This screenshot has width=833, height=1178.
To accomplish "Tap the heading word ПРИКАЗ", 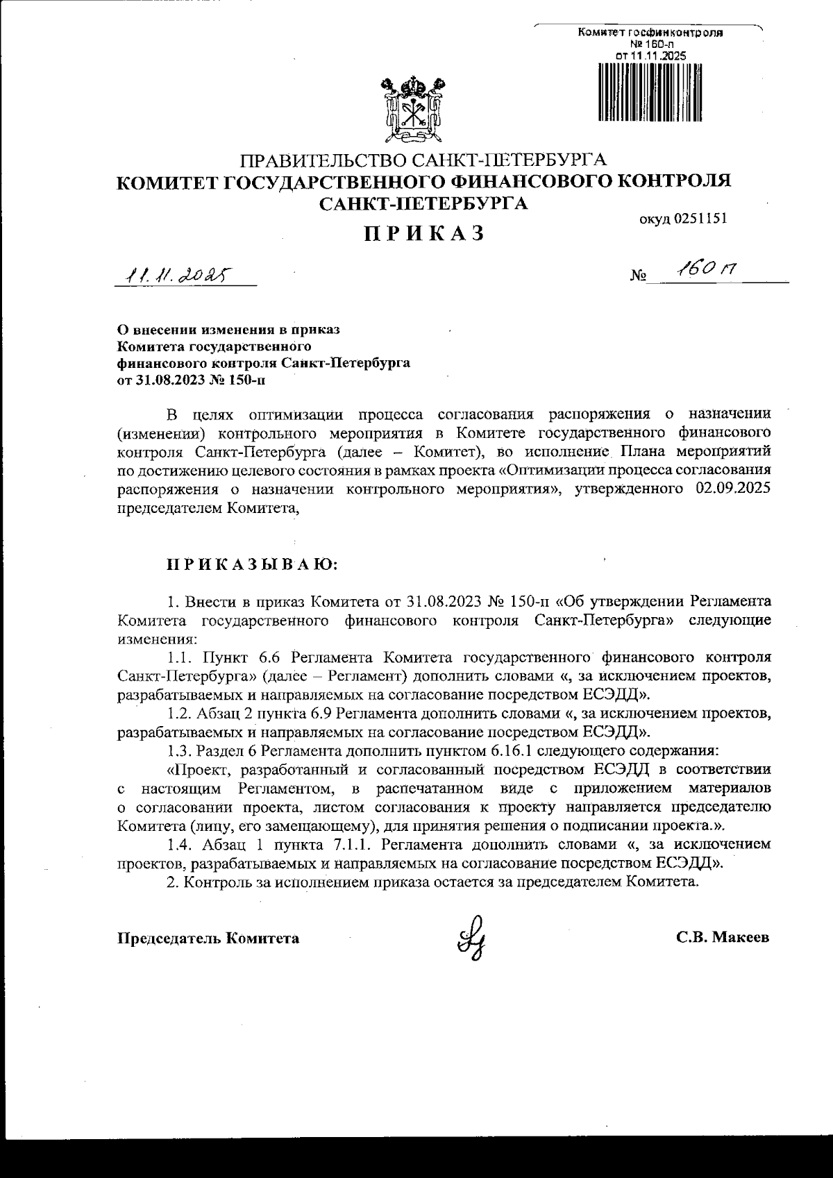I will pyautogui.click(x=424, y=234).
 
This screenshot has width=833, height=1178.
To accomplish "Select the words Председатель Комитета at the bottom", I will pyautogui.click(x=208, y=939).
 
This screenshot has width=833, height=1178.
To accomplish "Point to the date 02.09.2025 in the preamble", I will pyautogui.click(x=732, y=489).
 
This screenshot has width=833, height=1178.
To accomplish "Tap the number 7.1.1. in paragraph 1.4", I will pyautogui.click(x=355, y=845).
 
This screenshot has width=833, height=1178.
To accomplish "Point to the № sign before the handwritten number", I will pyautogui.click(x=638, y=276).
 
